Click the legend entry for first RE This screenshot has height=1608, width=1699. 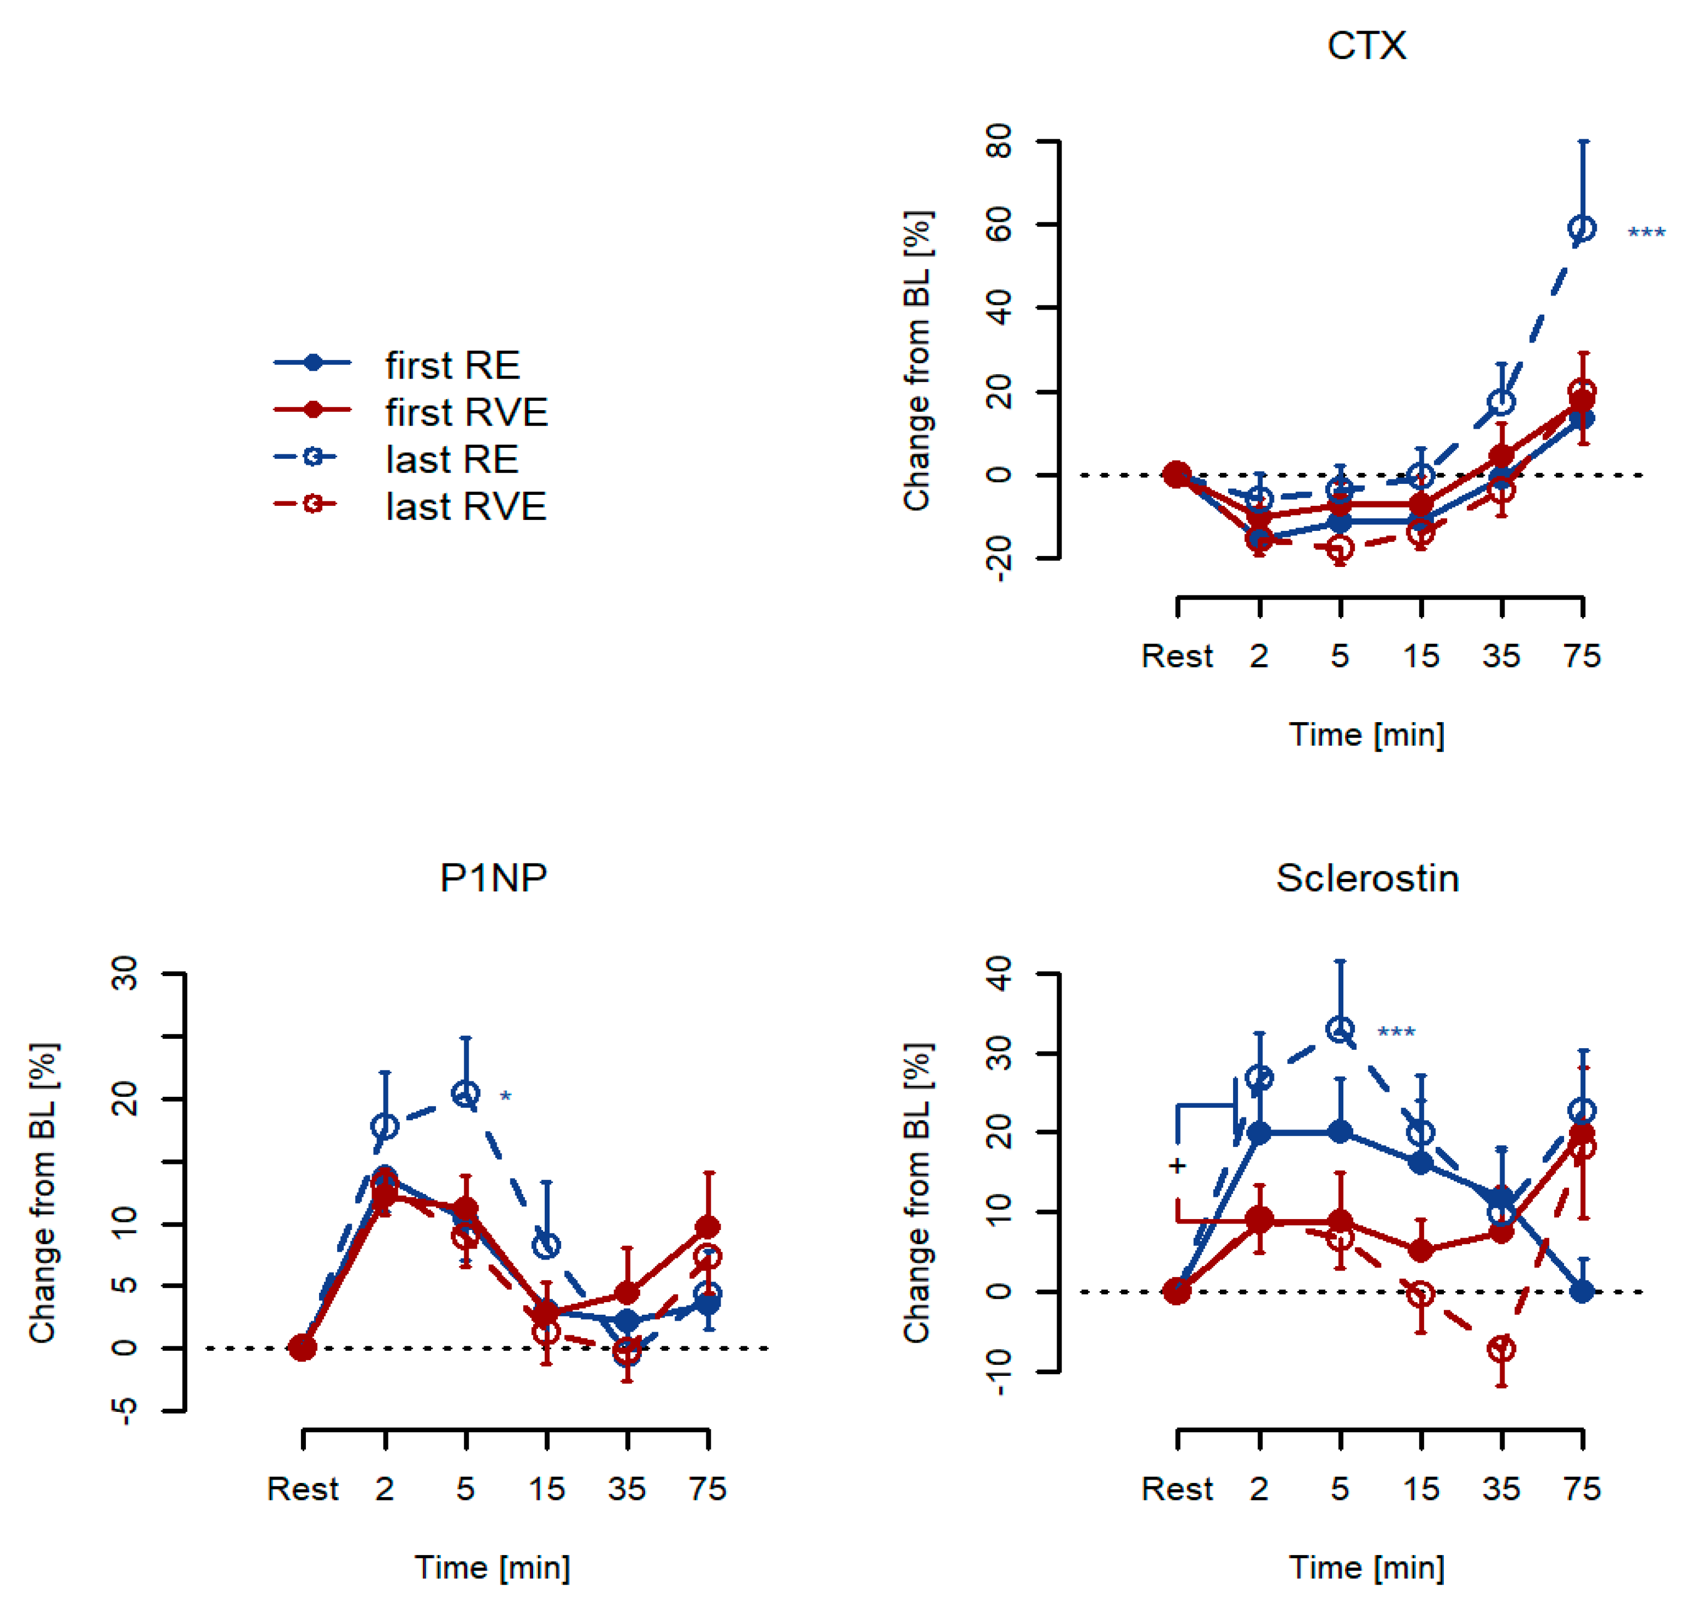point(452,365)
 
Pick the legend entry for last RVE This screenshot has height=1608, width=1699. point(465,506)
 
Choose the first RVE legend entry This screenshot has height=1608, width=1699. point(465,412)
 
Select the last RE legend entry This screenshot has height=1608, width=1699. point(452,459)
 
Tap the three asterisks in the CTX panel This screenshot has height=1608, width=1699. point(1646,234)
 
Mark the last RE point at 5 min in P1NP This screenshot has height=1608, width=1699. point(465,1093)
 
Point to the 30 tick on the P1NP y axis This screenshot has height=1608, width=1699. point(125,974)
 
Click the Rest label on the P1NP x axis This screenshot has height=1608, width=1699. point(303,1489)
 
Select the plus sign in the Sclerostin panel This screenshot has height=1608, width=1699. point(1177,1166)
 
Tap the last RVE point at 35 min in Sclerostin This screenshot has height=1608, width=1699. point(1501,1349)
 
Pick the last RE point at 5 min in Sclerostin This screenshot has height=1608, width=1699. point(1340,1030)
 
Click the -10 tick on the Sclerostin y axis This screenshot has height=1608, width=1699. point(1000,1371)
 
